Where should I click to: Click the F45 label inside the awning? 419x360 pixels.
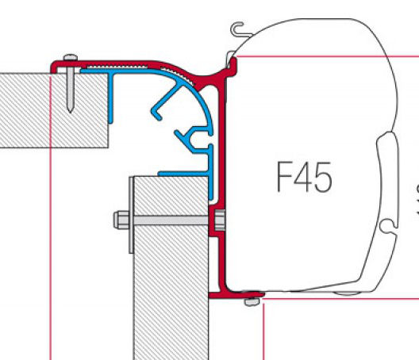305,177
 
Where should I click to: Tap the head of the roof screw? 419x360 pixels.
71,57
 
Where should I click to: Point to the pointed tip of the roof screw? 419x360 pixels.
71,111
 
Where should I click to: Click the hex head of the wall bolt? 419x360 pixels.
121,220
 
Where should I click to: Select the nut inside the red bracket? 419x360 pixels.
220,220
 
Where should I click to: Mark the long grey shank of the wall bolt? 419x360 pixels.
171,220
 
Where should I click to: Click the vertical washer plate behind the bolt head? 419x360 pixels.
131,215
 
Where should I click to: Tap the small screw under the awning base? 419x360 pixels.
252,302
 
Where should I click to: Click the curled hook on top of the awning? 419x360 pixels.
239,29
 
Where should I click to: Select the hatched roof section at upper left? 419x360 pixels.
54,110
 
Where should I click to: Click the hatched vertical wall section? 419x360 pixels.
171,268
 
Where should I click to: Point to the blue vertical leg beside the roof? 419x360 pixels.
110,98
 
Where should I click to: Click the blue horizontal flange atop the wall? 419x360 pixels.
183,174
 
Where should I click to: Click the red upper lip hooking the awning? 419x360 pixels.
232,66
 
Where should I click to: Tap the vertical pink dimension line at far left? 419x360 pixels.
51,217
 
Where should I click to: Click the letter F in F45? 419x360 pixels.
285,177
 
